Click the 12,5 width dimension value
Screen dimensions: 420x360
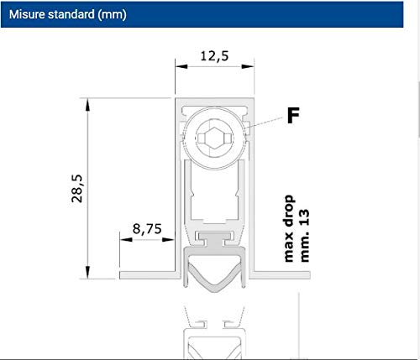(214, 56)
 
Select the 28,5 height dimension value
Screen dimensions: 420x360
(76, 188)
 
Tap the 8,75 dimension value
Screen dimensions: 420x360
(147, 229)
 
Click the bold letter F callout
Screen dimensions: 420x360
(293, 115)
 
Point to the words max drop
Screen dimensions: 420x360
(289, 228)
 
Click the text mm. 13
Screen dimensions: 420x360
(305, 236)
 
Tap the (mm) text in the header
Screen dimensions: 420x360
(112, 14)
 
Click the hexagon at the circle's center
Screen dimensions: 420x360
(214, 138)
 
